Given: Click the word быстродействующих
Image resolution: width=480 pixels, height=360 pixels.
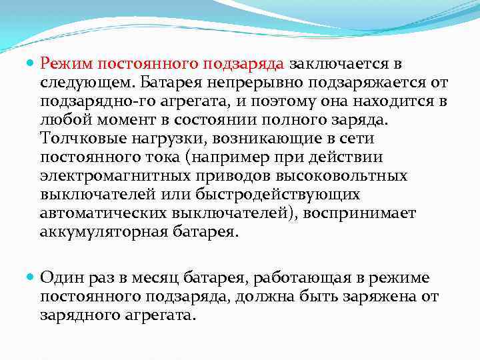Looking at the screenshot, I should [278, 195].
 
